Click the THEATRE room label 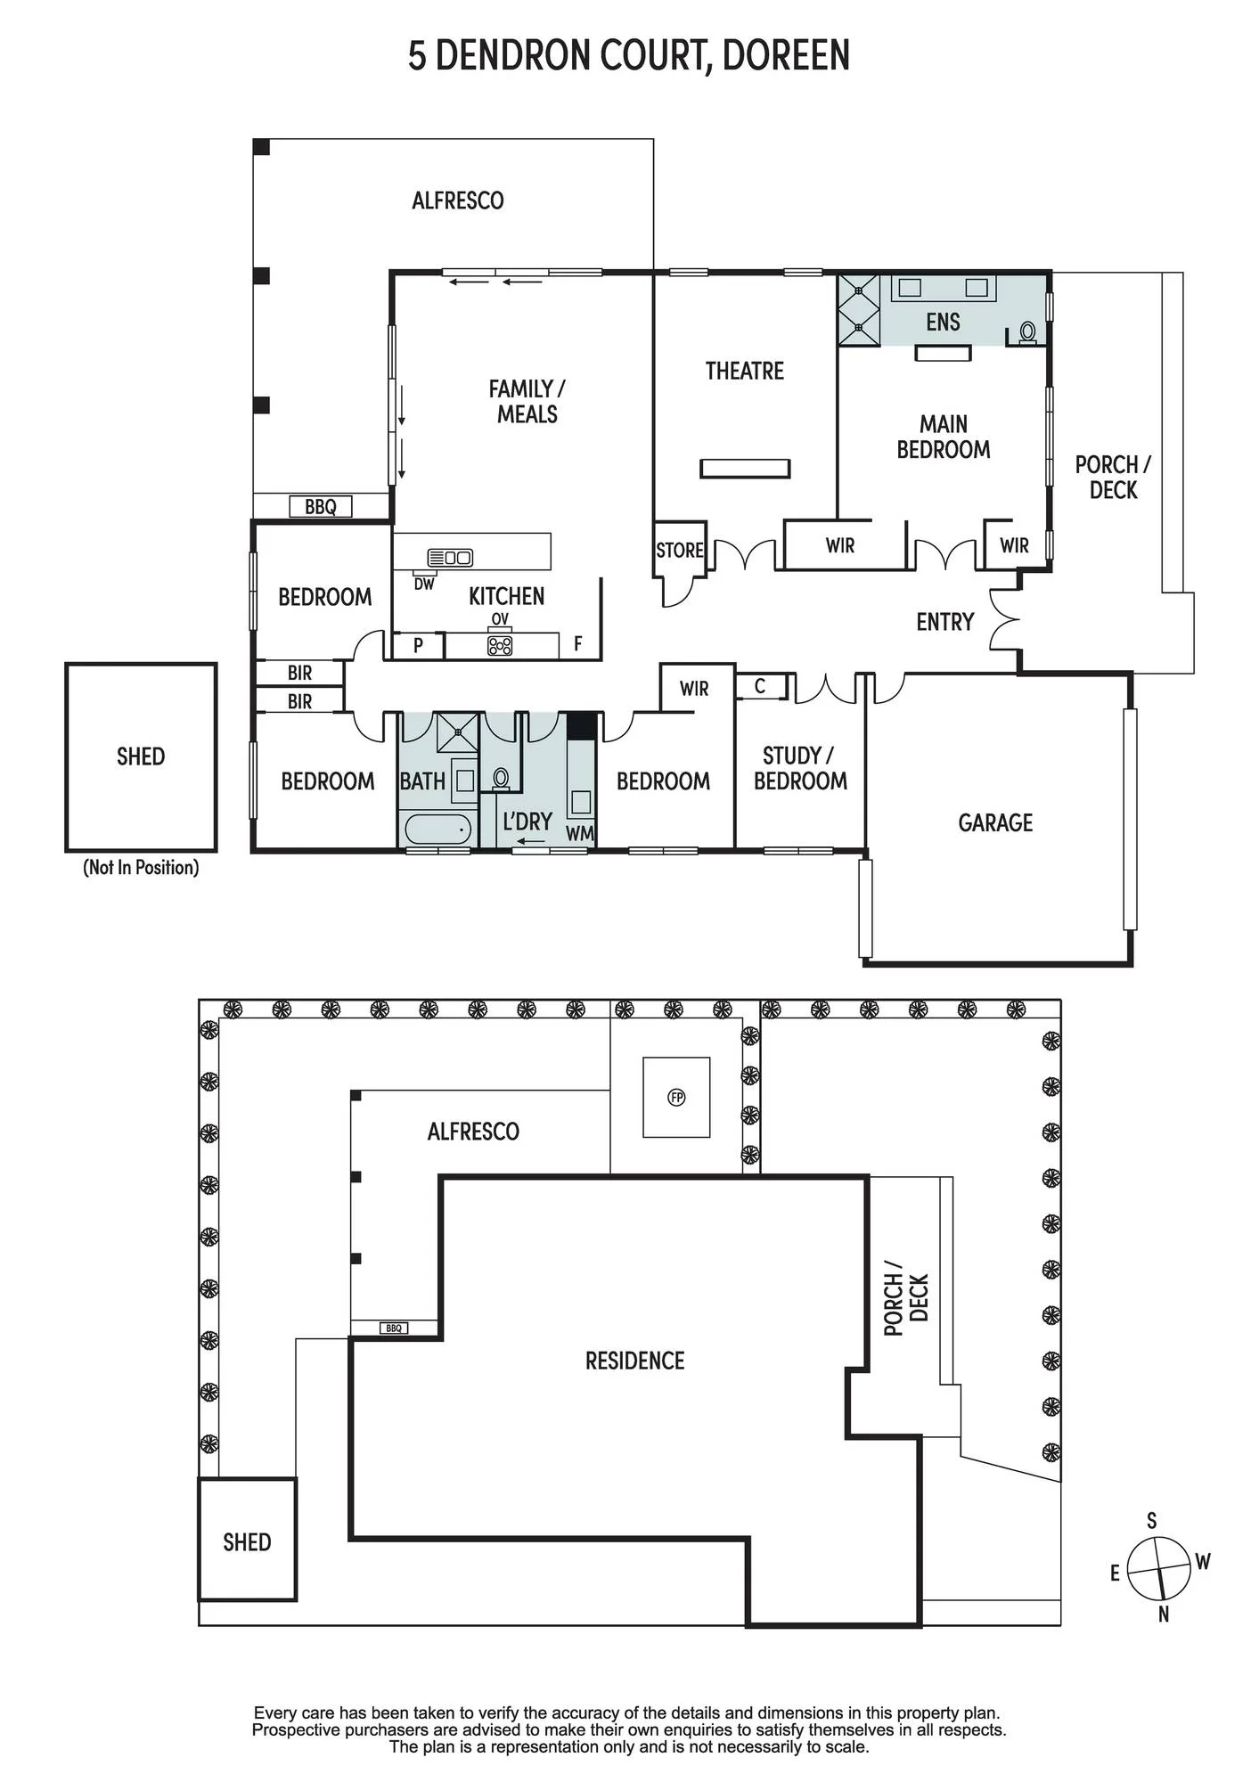[x=745, y=371]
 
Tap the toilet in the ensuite [x=1027, y=331]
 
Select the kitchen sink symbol [x=451, y=558]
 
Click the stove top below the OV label [x=500, y=645]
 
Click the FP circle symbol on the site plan [x=676, y=1098]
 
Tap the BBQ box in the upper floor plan [x=321, y=507]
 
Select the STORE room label [x=680, y=550]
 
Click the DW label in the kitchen [x=424, y=584]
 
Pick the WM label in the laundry [x=579, y=834]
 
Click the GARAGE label [x=995, y=822]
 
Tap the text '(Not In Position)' [x=141, y=867]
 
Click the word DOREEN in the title [x=786, y=55]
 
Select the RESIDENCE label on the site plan [x=634, y=1361]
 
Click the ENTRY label [x=945, y=622]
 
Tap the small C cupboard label [x=760, y=687]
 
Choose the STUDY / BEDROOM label [x=800, y=768]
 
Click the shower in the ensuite [x=859, y=309]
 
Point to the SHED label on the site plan [x=247, y=1542]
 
